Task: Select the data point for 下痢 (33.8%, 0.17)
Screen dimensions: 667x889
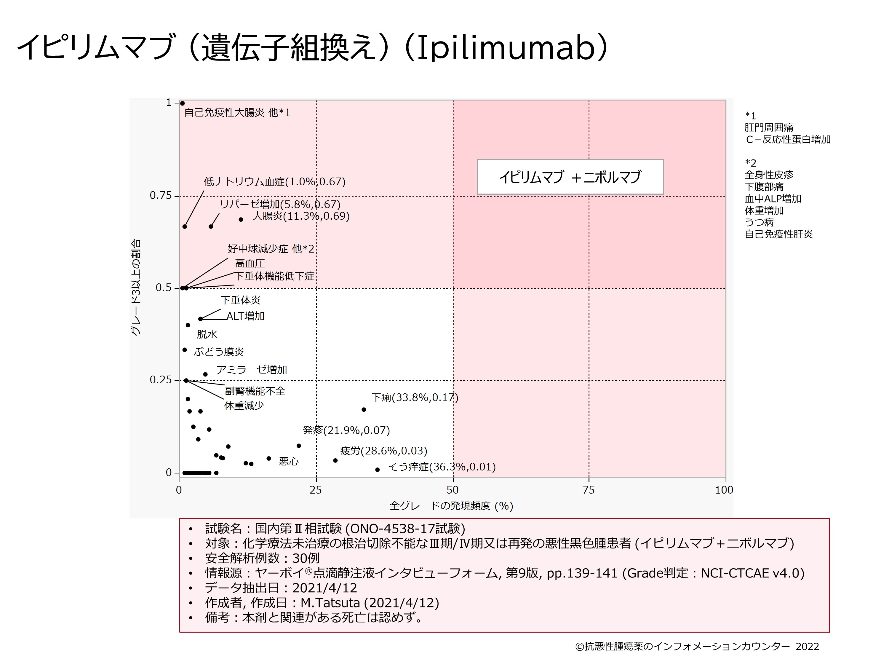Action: click(364, 410)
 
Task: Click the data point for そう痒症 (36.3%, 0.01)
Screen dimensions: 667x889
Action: click(378, 470)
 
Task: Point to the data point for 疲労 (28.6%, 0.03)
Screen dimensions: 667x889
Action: click(335, 460)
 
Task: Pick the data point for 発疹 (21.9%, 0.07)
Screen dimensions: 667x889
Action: click(299, 446)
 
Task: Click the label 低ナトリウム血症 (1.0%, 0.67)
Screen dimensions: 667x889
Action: click(274, 182)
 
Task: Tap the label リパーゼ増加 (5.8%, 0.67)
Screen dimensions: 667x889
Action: click(280, 204)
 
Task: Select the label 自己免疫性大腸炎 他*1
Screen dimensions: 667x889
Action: click(237, 113)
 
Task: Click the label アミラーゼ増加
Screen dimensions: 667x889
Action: click(252, 369)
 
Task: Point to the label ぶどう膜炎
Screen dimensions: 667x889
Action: click(219, 352)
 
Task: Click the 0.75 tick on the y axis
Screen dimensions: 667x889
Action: click(160, 196)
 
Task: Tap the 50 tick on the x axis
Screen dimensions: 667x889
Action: click(453, 490)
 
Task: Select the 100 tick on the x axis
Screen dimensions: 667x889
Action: click(724, 490)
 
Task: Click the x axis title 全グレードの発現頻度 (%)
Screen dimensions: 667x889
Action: click(451, 506)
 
